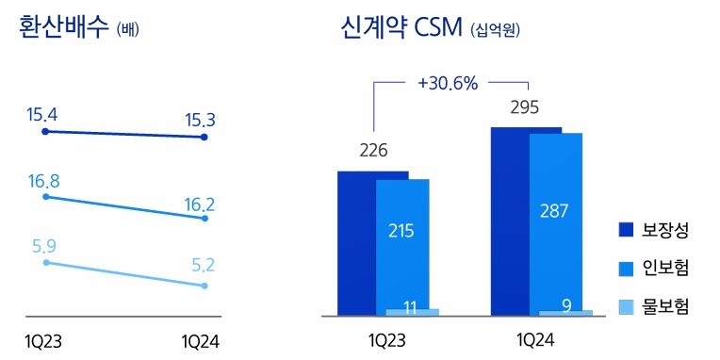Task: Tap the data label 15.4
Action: click(42, 115)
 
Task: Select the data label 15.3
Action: click(204, 121)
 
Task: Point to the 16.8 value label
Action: click(42, 180)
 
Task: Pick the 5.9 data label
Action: click(42, 246)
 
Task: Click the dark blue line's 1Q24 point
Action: click(205, 138)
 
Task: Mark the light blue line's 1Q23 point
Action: click(44, 262)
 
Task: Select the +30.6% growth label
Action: click(447, 83)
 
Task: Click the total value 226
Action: click(374, 150)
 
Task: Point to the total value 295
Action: click(524, 106)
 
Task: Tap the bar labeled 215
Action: click(401, 231)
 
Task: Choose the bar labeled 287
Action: click(555, 211)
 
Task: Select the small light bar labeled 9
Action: click(565, 313)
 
